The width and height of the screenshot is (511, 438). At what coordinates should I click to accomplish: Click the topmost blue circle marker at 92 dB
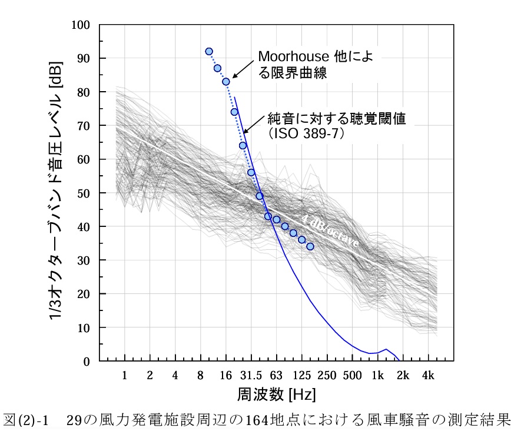point(209,52)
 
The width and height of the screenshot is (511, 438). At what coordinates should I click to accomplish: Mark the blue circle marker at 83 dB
point(226,82)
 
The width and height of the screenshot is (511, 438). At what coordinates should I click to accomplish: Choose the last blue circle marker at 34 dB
point(310,246)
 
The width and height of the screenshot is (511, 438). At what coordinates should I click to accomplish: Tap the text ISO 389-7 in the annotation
point(310,133)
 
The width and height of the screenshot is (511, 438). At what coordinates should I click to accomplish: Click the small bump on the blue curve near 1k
point(386,349)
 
